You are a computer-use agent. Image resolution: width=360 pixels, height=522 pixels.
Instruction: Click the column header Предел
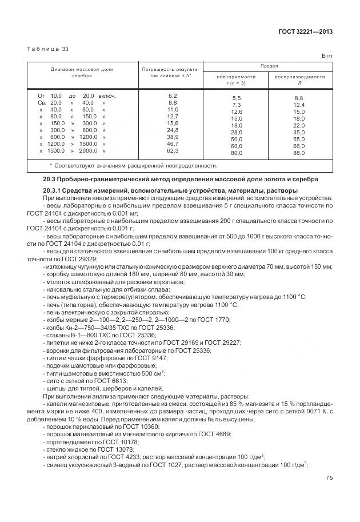click(269, 66)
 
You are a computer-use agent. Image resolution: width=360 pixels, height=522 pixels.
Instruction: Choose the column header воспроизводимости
click(300, 77)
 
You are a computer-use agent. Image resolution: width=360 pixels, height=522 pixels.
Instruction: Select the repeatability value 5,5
click(236, 98)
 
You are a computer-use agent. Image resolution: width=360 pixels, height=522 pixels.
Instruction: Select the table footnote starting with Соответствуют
click(133, 166)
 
